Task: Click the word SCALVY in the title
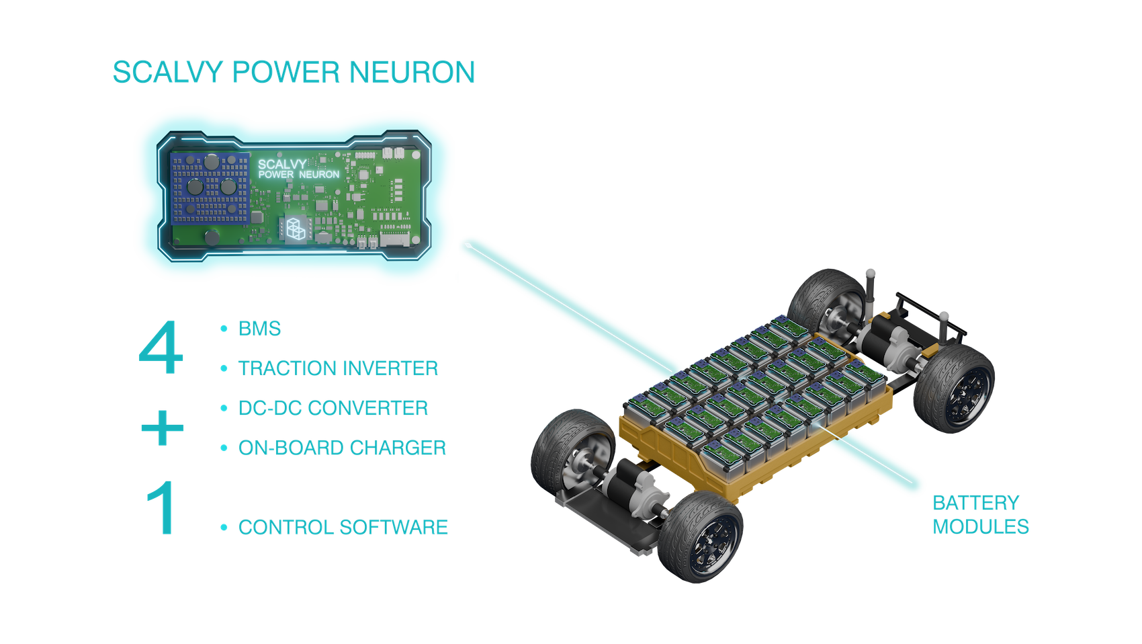[x=167, y=73]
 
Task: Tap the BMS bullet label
[x=260, y=329]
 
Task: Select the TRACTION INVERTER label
[x=339, y=368]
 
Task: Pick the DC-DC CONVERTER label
[x=333, y=408]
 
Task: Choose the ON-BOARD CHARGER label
[x=343, y=448]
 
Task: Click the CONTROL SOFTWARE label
[x=343, y=527]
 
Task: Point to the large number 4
[x=161, y=348]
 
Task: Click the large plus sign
[x=163, y=428]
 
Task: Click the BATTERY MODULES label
[x=980, y=514]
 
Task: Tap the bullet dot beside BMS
[x=224, y=329]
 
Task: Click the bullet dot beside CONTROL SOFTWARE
[x=224, y=528]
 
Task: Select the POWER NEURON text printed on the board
[x=299, y=175]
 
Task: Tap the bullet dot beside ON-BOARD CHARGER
[x=224, y=448]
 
